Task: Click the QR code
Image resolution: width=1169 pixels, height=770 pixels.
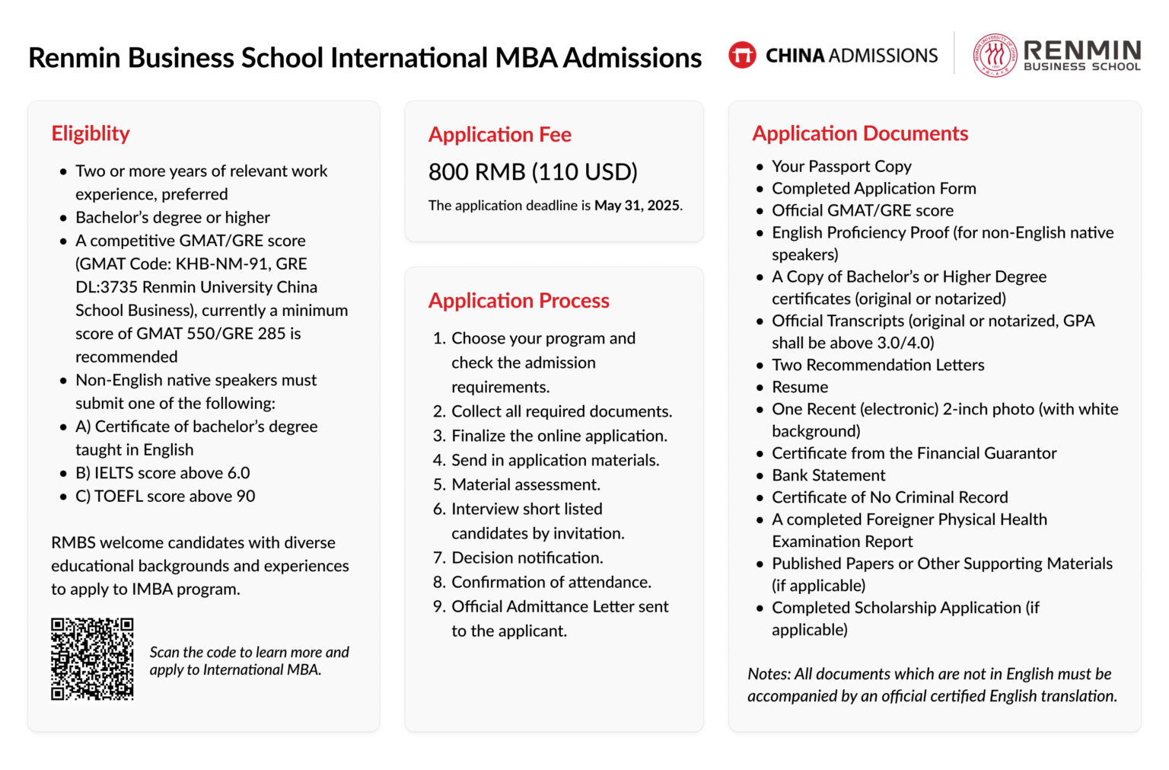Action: point(92,658)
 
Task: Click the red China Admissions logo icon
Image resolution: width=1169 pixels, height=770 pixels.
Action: point(741,55)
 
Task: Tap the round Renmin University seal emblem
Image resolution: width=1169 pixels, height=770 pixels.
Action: point(995,55)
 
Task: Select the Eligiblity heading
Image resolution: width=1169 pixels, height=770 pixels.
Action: point(91,133)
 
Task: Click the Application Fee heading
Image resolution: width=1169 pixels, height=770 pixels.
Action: point(499,135)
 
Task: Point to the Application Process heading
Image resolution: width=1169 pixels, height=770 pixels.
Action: point(518,301)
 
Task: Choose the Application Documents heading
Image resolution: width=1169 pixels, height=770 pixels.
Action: point(859,133)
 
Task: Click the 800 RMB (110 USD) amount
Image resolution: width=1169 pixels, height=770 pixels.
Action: point(533,172)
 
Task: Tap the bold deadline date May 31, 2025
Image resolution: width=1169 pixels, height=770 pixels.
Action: point(637,206)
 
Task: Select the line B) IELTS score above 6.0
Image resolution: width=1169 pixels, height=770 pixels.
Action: point(162,473)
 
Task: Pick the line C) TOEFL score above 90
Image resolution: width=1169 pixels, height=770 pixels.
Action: point(165,497)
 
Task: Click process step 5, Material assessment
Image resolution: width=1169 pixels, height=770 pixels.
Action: point(525,485)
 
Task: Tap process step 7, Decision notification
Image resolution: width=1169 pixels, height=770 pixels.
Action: point(527,558)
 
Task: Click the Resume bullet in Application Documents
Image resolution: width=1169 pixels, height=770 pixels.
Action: point(799,387)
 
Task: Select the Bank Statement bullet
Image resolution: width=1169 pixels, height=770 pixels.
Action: point(828,475)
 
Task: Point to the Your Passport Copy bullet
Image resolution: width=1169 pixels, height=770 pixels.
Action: point(841,166)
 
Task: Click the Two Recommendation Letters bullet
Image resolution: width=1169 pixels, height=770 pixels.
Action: point(878,365)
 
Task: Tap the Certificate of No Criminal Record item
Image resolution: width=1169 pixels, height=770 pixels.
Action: point(889,497)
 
